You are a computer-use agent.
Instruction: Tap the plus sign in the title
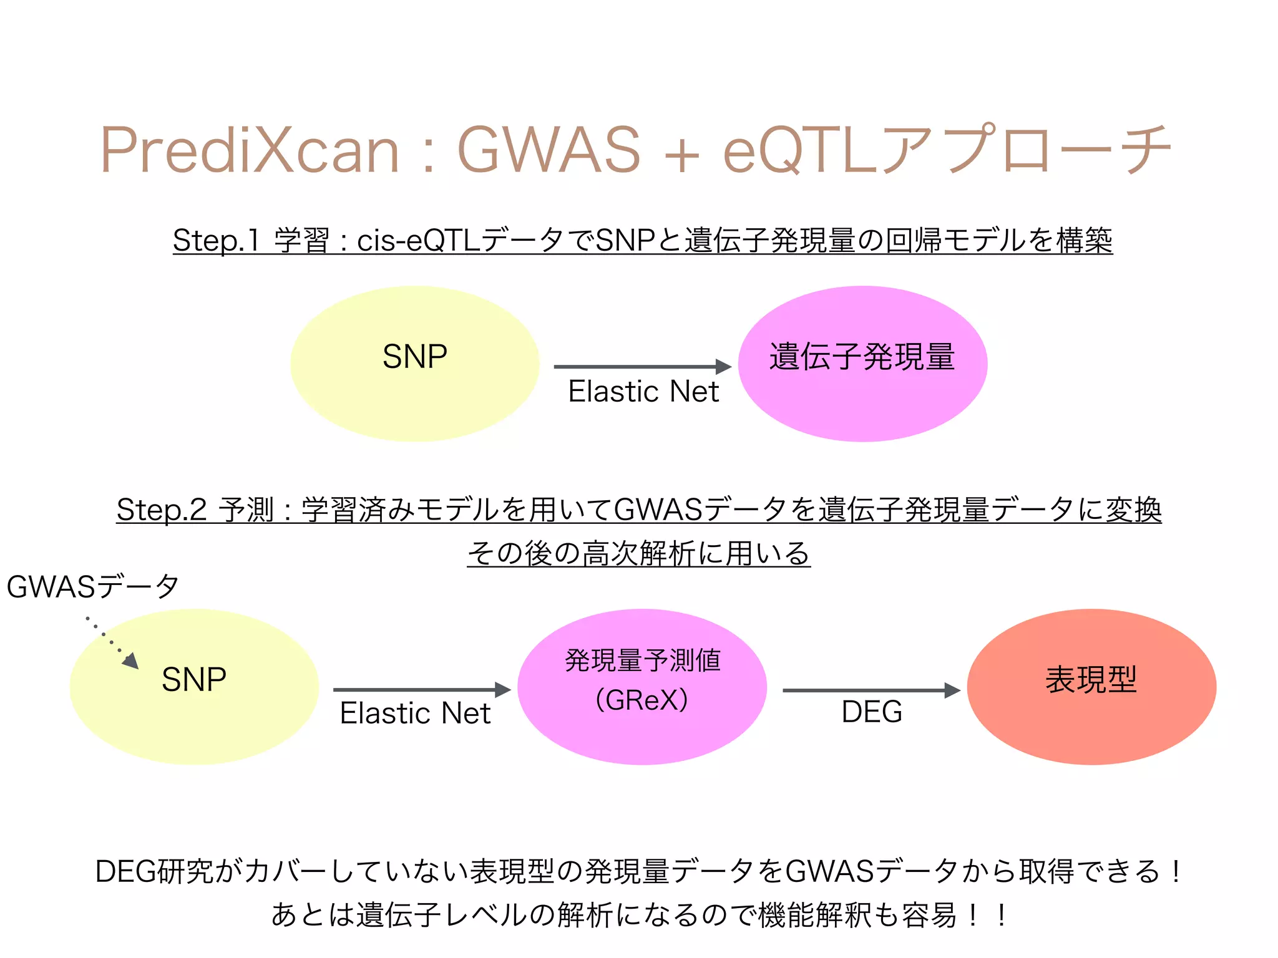click(681, 153)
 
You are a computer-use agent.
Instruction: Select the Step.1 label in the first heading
click(215, 241)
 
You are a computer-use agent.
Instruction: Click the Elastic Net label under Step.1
click(643, 392)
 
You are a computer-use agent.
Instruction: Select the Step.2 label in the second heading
click(161, 510)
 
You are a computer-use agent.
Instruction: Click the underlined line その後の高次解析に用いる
click(638, 554)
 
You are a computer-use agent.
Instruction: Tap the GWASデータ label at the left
click(92, 587)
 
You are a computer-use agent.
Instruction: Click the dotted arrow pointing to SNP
click(112, 643)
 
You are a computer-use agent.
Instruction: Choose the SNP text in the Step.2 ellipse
click(194, 679)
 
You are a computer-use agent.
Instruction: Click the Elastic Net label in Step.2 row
click(415, 713)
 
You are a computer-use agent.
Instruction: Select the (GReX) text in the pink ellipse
click(641, 700)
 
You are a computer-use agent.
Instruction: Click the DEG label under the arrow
click(872, 712)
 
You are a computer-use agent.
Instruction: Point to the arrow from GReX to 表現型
click(871, 690)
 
